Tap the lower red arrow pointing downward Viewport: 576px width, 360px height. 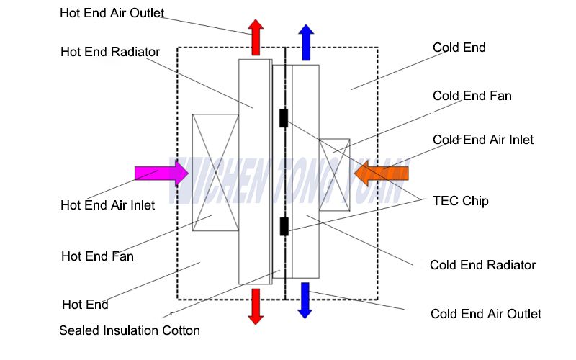point(256,306)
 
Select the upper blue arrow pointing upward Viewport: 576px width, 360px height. point(306,41)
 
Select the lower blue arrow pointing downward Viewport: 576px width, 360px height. point(305,300)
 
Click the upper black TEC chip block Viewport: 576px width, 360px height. point(284,118)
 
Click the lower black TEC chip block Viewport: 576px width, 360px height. point(284,226)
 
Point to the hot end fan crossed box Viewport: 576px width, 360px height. point(215,173)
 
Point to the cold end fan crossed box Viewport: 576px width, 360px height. point(334,175)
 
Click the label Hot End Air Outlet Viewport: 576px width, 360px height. point(112,13)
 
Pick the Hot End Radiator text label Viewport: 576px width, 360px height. point(110,52)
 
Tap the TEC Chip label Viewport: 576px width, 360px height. point(460,201)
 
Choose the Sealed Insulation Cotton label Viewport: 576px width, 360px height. point(130,330)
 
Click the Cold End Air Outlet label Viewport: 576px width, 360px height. point(485,314)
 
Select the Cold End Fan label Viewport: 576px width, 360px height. point(472,96)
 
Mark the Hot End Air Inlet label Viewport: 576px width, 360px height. point(107,205)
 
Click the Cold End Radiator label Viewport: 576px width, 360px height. point(482,265)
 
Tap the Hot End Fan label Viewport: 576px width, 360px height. point(97,256)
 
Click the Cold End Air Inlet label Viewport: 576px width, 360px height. point(483,140)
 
